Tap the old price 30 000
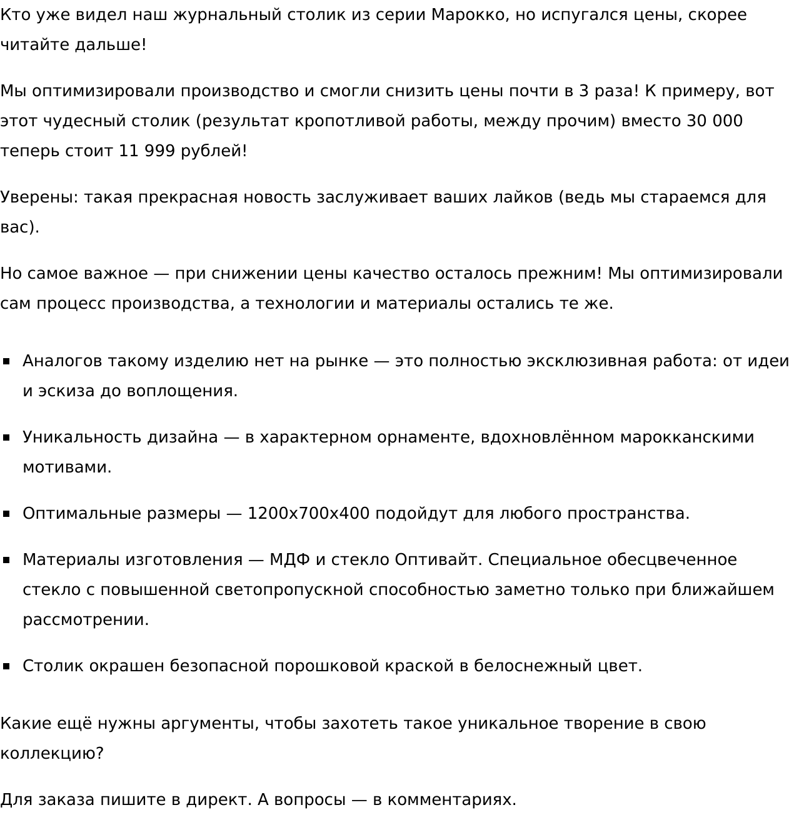point(715,121)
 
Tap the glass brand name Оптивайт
point(438,560)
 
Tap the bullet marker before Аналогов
point(7,361)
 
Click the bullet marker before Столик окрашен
point(7,666)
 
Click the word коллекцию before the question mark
point(48,754)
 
